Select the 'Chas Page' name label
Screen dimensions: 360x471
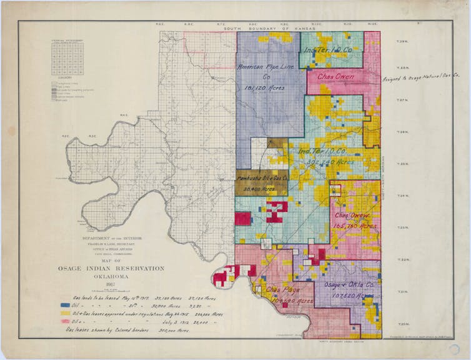click(x=280, y=290)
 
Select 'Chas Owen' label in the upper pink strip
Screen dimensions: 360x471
click(x=335, y=76)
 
